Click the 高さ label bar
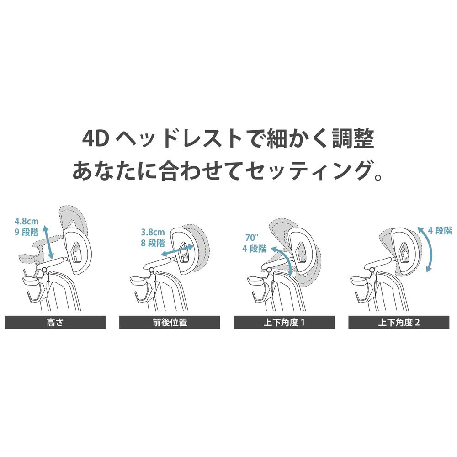click(x=55, y=322)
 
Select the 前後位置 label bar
click(x=170, y=322)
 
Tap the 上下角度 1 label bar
click(x=284, y=322)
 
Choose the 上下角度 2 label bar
click(x=399, y=322)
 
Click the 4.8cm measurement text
click(x=27, y=222)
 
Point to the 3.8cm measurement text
click(x=153, y=232)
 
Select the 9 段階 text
click(x=27, y=232)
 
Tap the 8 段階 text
click(x=153, y=243)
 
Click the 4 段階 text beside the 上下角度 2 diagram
click(x=440, y=231)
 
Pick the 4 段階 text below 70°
click(x=255, y=249)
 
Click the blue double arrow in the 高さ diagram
click(x=48, y=242)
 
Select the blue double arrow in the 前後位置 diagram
click(x=177, y=250)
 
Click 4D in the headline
click(x=96, y=139)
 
